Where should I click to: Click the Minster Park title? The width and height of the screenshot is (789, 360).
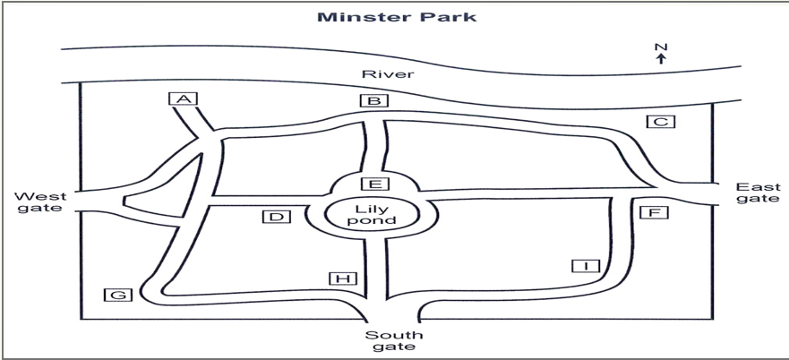pyautogui.click(x=397, y=17)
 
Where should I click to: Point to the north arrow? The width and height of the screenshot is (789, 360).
pyautogui.click(x=661, y=59)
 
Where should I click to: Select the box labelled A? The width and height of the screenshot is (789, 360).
pyautogui.click(x=184, y=99)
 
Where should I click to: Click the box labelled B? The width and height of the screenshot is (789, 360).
pyautogui.click(x=373, y=100)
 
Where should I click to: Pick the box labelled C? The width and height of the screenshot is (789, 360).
pyautogui.click(x=661, y=121)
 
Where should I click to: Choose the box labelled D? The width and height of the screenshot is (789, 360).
pyautogui.click(x=276, y=217)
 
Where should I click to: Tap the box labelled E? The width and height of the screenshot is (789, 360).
pyautogui.click(x=375, y=184)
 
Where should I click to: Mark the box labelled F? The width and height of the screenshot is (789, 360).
pyautogui.click(x=654, y=212)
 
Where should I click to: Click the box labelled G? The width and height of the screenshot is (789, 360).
pyautogui.click(x=117, y=295)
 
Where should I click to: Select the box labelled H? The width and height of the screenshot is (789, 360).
pyautogui.click(x=343, y=279)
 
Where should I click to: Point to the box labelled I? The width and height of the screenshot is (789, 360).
pyautogui.click(x=587, y=265)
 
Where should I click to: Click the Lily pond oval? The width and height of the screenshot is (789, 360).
pyautogui.click(x=373, y=215)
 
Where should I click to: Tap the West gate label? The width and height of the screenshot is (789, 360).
pyautogui.click(x=40, y=201)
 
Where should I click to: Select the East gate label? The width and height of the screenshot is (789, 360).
pyautogui.click(x=759, y=193)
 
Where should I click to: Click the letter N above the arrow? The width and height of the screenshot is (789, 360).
pyautogui.click(x=661, y=47)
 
